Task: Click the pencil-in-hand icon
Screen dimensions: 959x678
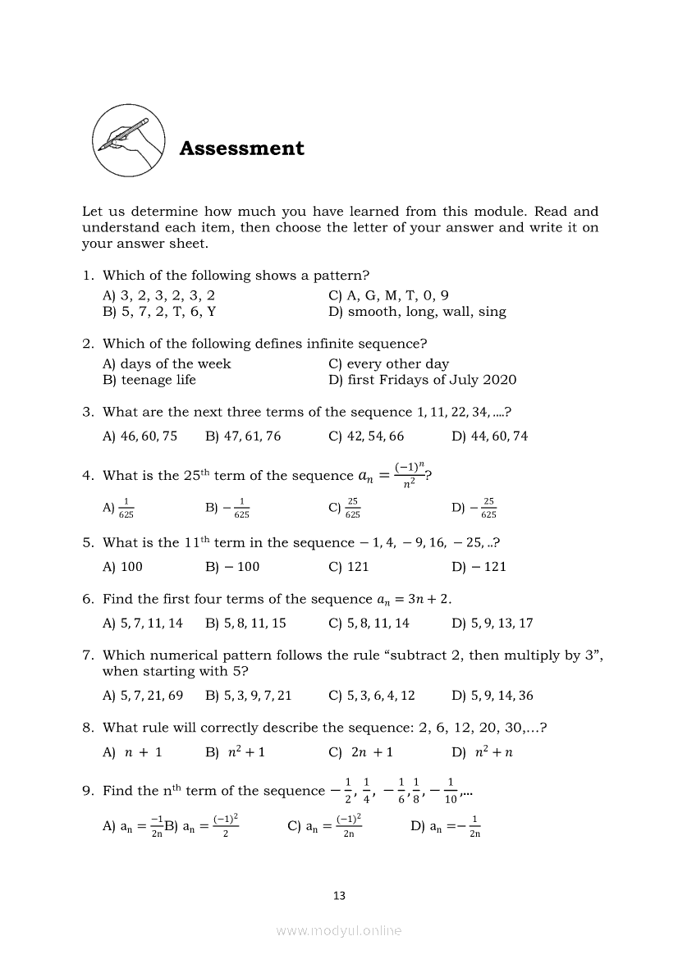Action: (127, 140)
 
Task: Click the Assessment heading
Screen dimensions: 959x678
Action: (241, 148)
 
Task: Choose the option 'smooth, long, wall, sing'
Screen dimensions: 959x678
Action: (417, 312)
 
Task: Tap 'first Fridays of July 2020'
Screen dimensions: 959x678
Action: (422, 380)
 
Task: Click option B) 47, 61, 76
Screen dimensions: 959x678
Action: (243, 436)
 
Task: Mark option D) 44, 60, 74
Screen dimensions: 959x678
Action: (490, 436)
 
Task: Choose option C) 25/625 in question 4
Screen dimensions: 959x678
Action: (344, 508)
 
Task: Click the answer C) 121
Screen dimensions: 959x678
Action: (349, 567)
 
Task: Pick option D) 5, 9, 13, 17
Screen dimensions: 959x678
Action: (492, 623)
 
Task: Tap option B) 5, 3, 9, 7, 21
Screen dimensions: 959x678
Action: (248, 696)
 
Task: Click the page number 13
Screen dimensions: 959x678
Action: (339, 896)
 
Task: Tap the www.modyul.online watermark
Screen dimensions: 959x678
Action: (339, 930)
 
